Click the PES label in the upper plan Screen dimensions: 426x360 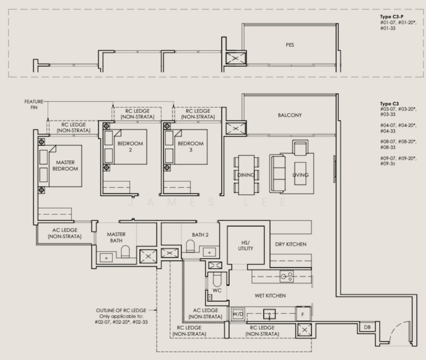click(290, 45)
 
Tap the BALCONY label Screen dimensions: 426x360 click(290, 115)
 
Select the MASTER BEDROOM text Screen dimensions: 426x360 click(65, 166)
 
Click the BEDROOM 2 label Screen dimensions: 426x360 click(130, 146)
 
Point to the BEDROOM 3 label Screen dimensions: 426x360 click(191, 146)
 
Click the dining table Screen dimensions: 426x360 click(247, 175)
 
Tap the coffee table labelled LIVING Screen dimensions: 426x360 click(300, 173)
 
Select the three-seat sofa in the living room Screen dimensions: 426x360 click(277, 174)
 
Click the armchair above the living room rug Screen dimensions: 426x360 click(300, 148)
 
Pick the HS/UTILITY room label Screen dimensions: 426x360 click(245, 245)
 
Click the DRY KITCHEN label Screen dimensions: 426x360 click(291, 244)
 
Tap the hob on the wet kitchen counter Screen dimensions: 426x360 click(287, 277)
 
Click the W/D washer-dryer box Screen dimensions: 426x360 click(238, 314)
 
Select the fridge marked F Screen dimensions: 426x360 click(303, 314)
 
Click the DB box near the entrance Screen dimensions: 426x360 click(367, 327)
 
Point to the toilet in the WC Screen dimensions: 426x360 click(217, 279)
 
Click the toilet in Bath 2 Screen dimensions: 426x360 click(190, 246)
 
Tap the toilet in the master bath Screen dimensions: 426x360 click(125, 251)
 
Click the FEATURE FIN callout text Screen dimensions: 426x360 click(34, 104)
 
